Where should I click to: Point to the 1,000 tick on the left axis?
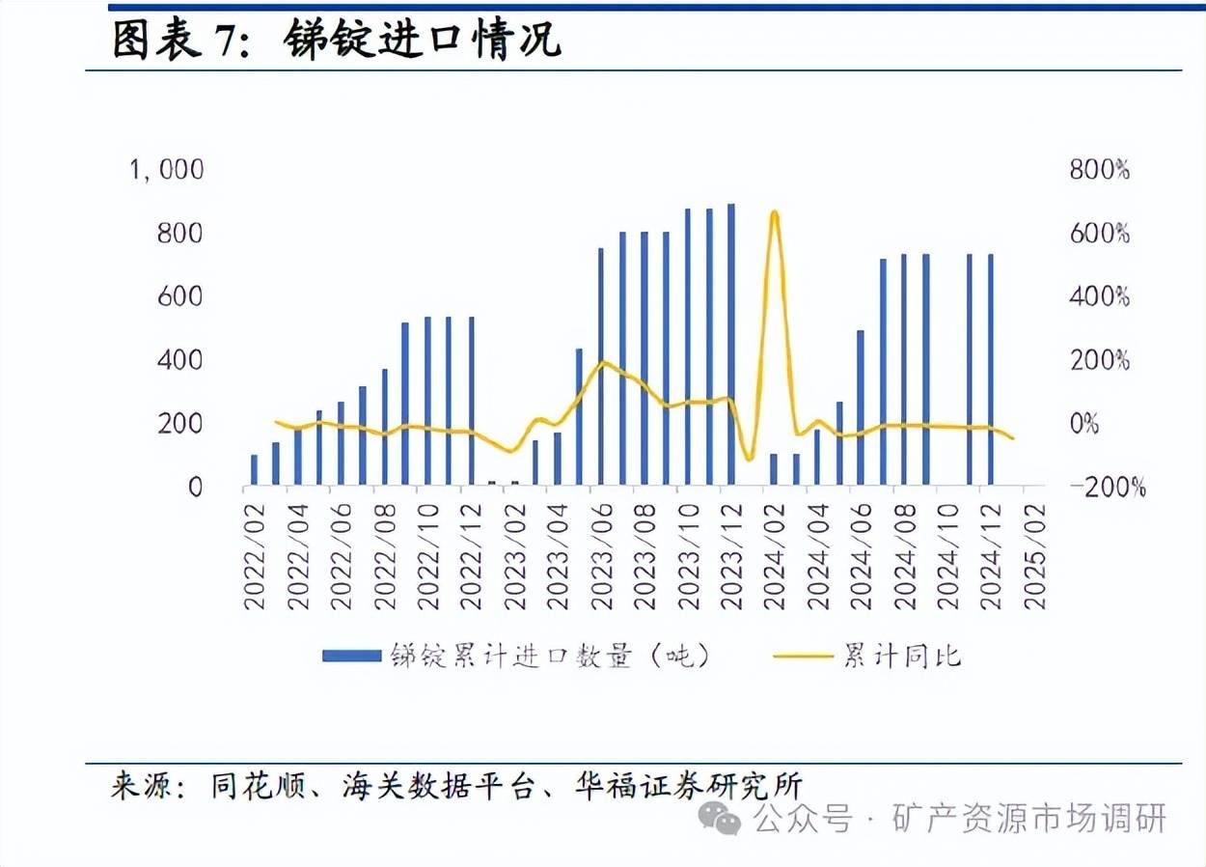pos(166,170)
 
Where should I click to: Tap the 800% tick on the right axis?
pos(1099,170)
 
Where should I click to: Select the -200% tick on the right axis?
pos(1107,488)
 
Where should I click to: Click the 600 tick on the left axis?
pos(179,296)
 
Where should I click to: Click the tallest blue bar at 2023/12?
pos(730,343)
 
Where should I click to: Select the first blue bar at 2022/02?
pos(254,469)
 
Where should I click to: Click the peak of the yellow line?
pos(774,211)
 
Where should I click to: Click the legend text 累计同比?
pos(902,657)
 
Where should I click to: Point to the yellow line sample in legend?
pos(803,657)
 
